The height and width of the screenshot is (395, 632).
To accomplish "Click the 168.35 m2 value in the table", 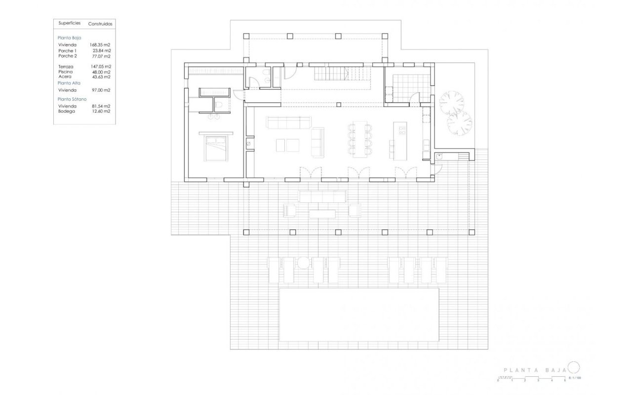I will (x=100, y=45).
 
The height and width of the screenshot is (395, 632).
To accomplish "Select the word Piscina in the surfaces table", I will (x=66, y=72).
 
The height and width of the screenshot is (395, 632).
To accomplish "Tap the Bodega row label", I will (x=67, y=111).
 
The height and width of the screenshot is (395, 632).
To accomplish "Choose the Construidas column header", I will (x=100, y=23).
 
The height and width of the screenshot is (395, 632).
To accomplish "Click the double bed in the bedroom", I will (x=215, y=146).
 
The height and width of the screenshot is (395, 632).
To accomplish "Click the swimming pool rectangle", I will (x=359, y=315).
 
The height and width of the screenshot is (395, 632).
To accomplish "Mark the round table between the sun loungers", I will (x=304, y=263).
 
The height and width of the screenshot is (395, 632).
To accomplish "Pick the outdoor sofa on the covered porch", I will (x=322, y=197).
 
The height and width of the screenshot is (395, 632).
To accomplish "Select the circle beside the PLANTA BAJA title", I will (x=573, y=367).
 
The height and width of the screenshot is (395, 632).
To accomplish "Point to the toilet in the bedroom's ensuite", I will (x=219, y=104).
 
